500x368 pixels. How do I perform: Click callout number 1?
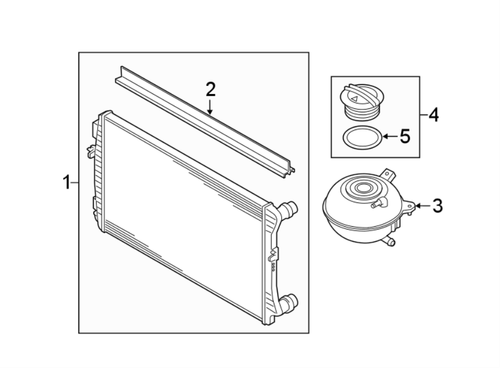coord(66,182)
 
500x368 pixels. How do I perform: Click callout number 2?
coord(210,89)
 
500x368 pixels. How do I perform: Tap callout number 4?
coord(434,115)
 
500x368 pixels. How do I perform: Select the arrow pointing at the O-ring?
coord(388,136)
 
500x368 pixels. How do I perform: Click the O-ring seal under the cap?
coord(361,137)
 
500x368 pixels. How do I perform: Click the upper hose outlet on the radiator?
coord(289,210)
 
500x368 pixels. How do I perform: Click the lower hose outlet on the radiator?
coord(289,304)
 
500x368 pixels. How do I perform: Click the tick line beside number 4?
coord(424,115)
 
